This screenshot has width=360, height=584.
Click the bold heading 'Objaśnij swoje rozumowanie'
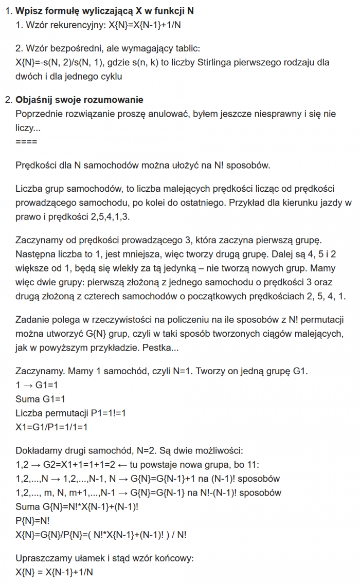tap(79, 100)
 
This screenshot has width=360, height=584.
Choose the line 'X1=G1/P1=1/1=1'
tap(52, 427)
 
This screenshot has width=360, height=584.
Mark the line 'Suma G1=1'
tap(41, 399)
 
